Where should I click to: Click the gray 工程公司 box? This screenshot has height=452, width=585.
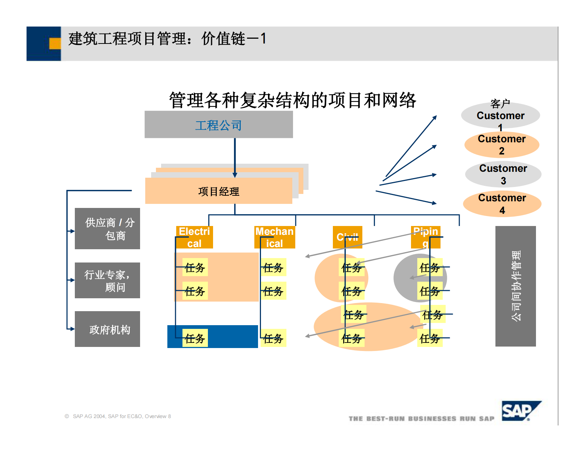pos(219,125)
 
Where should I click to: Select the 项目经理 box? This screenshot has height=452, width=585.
pos(219,191)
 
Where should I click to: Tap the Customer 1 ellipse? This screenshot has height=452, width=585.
pos(500,115)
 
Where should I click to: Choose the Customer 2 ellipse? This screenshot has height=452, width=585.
pos(501,145)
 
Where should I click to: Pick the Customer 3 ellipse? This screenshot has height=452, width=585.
pos(503,174)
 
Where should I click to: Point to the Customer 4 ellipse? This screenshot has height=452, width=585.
pos(502,204)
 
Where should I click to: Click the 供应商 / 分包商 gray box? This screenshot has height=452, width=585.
pos(107,229)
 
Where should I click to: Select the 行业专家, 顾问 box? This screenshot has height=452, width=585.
pos(107,280)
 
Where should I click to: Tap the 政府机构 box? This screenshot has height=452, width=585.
pos(107,329)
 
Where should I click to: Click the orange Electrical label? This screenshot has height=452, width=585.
pos(194,237)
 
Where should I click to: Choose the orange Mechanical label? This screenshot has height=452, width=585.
pos(275,237)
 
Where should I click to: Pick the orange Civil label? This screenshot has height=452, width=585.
pos(347,237)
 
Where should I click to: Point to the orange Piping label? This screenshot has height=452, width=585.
pos(426,237)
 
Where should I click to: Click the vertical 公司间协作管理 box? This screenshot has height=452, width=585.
pos(515,286)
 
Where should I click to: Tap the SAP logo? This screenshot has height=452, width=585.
pos(520,410)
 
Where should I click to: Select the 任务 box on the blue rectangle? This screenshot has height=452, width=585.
pos(195,338)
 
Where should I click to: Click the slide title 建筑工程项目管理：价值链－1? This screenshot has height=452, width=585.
pos(167,39)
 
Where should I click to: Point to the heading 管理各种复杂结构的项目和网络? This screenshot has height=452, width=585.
pos(292,100)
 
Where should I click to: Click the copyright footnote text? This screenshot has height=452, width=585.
pos(118,416)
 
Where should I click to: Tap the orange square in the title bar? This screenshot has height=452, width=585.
pos(55,44)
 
